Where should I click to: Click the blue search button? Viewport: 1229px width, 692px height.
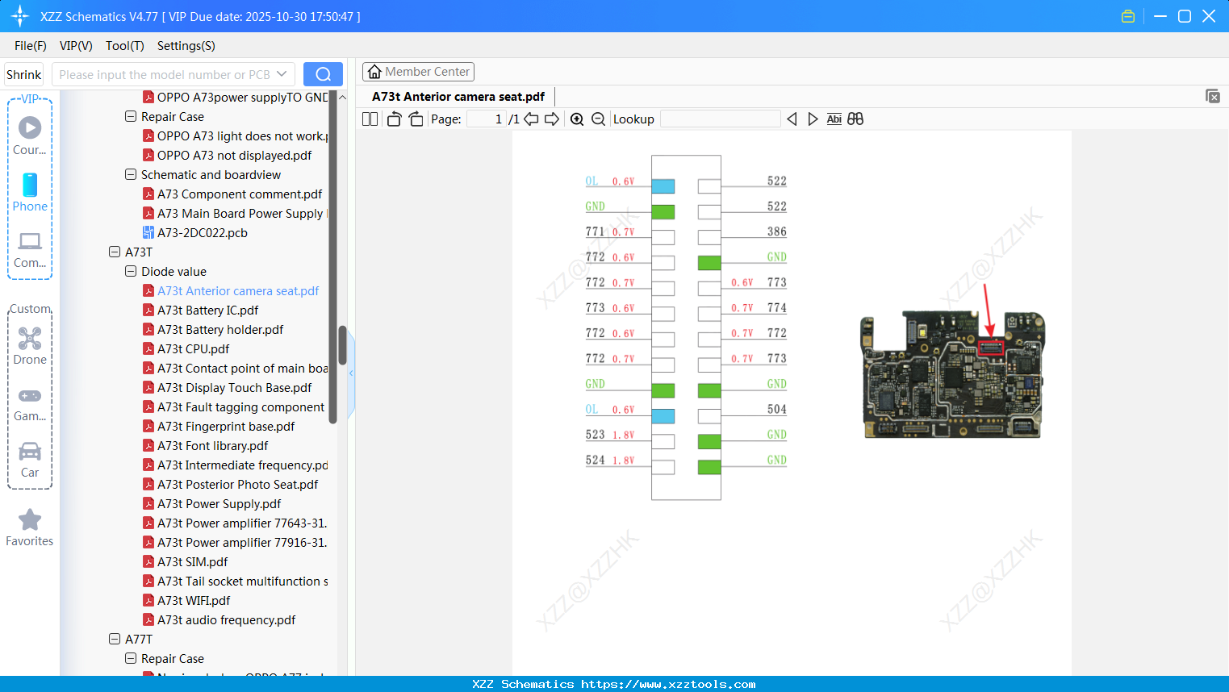pos(323,74)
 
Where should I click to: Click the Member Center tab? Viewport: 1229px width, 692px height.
pos(418,72)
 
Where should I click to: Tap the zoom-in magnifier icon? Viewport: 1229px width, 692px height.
pos(577,119)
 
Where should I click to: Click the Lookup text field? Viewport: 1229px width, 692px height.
pos(720,119)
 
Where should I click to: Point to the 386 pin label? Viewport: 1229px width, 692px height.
pos(776,231)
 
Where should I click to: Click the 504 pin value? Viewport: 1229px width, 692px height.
pos(776,410)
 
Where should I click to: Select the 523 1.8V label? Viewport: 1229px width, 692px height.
pos(609,435)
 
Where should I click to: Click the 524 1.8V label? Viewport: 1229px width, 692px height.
pos(609,461)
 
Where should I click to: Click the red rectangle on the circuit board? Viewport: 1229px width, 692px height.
pos(990,348)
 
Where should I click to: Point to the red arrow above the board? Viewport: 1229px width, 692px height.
pos(988,311)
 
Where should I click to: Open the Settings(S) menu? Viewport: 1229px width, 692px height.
pos(186,46)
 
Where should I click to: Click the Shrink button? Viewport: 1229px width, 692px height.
pos(24,75)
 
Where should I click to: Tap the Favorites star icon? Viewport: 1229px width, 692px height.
pos(30,520)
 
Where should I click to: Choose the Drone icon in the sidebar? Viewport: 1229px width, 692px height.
pos(30,339)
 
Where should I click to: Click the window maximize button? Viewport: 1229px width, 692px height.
pos(1185,16)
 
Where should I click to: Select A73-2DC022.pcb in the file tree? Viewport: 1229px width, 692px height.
pos(202,233)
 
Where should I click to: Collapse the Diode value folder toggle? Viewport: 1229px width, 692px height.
pos(131,272)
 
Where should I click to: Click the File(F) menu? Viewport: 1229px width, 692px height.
pos(31,46)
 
